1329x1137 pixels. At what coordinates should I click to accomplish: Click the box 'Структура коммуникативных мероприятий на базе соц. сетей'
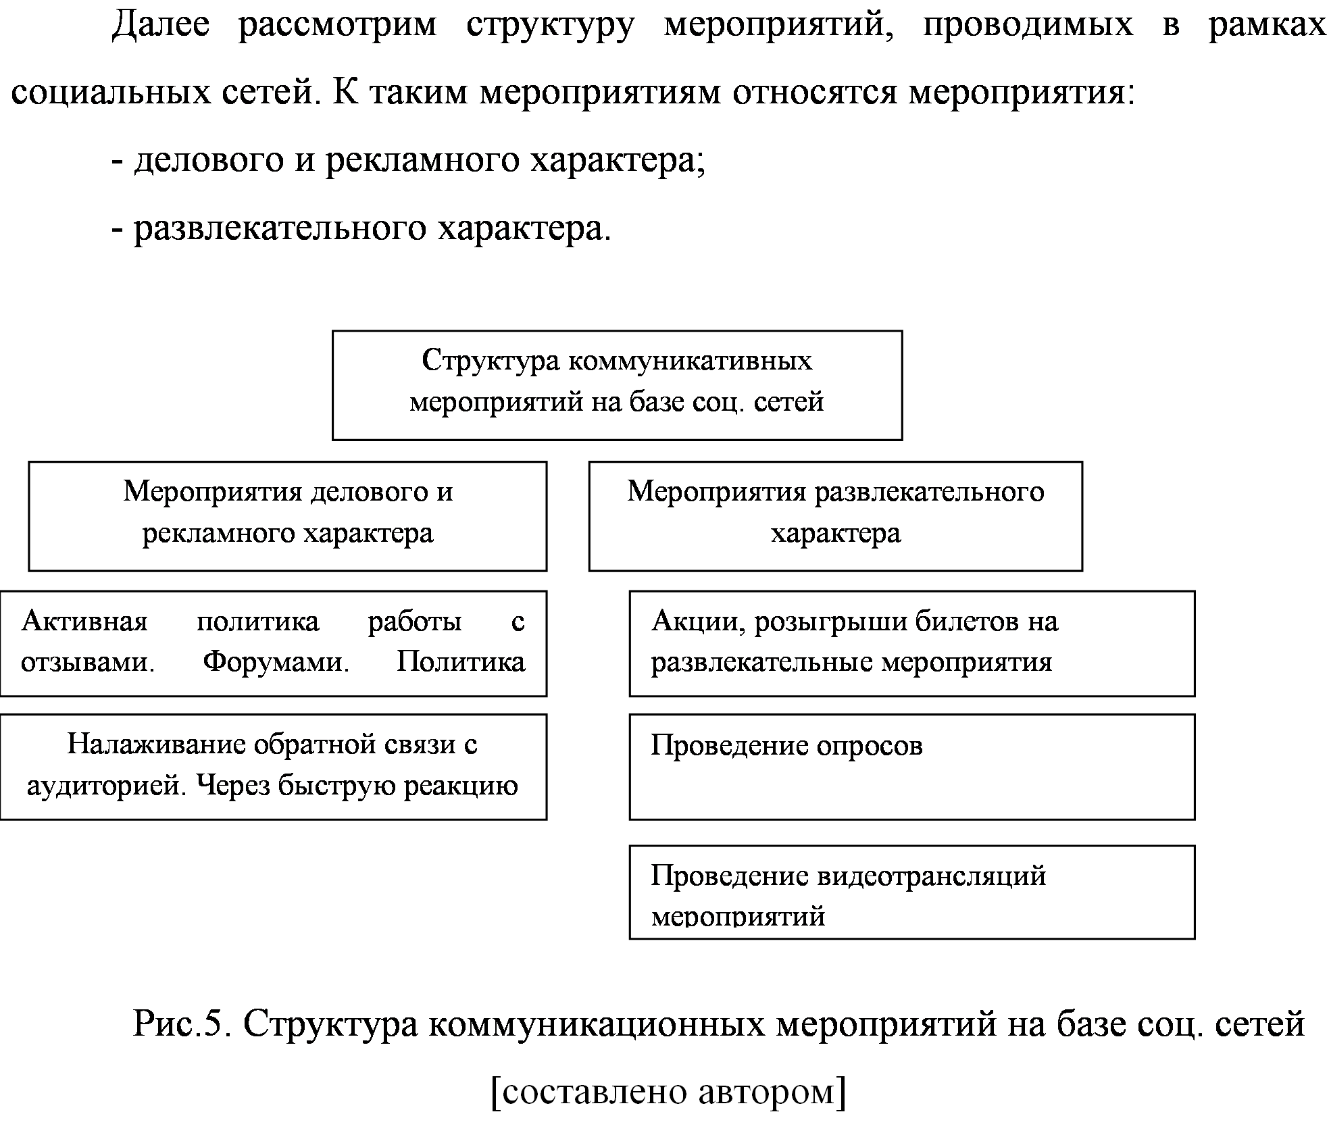coord(617,385)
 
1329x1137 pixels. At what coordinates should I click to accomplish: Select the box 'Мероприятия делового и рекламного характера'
coord(287,516)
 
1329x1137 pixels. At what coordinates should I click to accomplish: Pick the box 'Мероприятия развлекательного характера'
coord(835,516)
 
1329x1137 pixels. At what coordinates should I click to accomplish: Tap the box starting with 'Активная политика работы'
coord(273,643)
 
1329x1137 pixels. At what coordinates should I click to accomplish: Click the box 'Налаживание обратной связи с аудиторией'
coord(273,767)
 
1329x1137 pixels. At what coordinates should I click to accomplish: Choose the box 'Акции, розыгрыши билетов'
coord(912,643)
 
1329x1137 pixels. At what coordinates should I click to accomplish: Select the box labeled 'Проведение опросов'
coord(912,767)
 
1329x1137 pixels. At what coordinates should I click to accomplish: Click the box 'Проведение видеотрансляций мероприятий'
coord(912,892)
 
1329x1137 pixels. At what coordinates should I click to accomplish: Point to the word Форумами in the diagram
coord(276,661)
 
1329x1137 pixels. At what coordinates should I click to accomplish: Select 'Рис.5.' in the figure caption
coord(183,1024)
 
